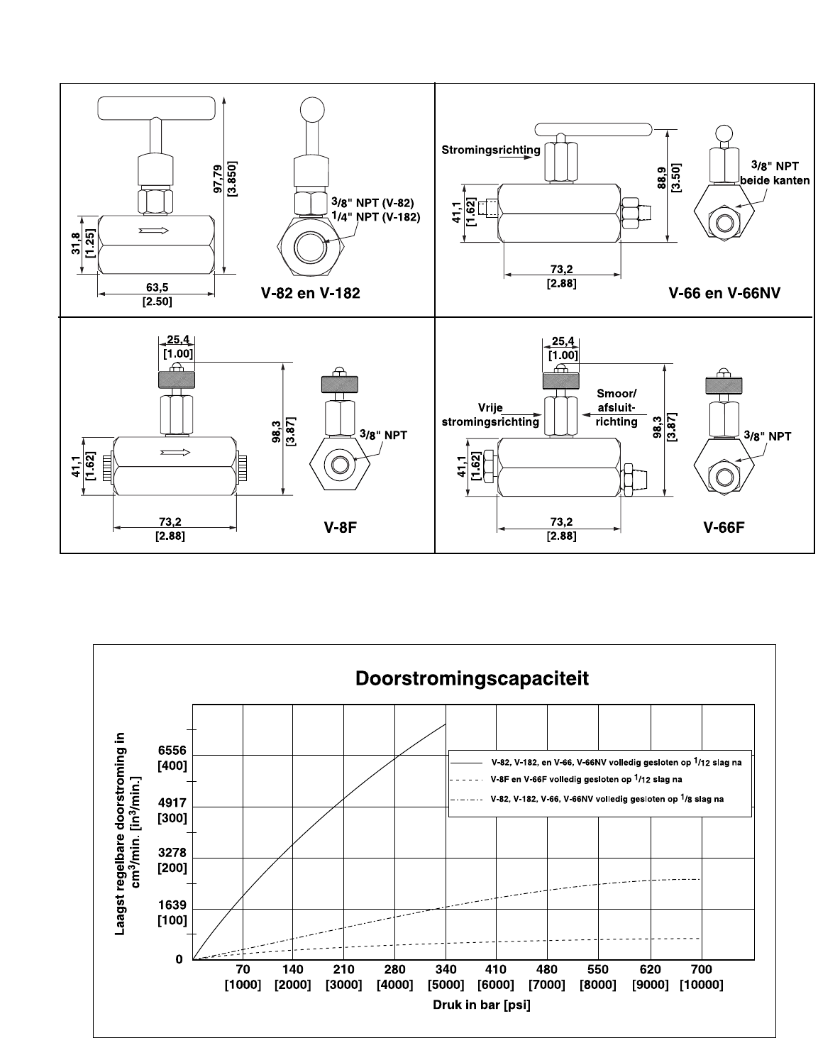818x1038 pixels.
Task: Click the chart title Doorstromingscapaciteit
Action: [x=471, y=679]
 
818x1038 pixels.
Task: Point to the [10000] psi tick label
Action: [x=701, y=985]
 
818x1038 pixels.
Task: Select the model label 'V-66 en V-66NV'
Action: [x=724, y=293]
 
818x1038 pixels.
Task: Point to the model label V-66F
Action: [x=724, y=527]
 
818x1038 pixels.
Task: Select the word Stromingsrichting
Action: [x=490, y=150]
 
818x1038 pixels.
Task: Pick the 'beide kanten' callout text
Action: [x=775, y=180]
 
